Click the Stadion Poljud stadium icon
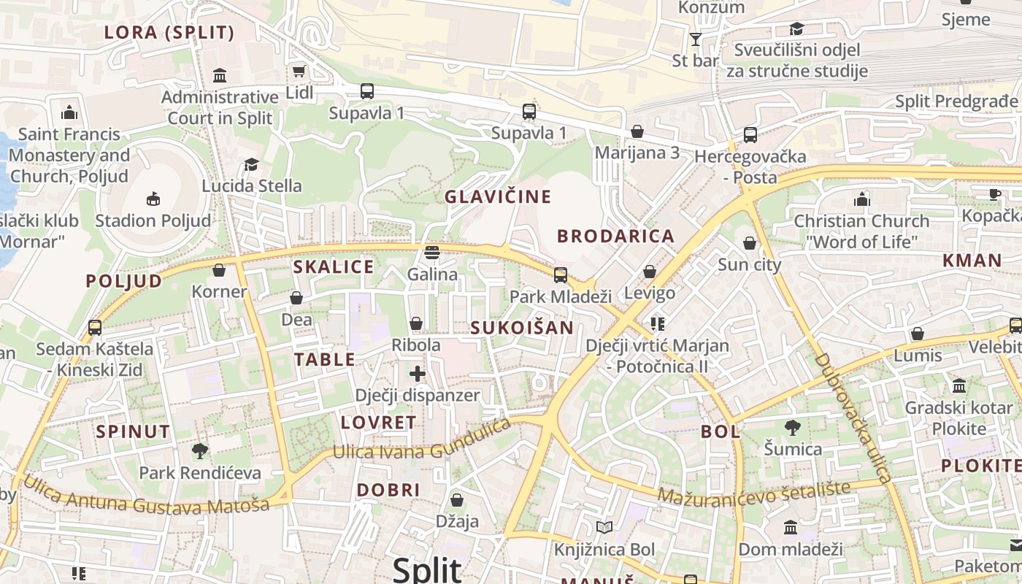coord(153,199)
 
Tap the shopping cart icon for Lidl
coord(299,71)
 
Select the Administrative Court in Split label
coord(220,107)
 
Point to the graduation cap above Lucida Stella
coord(251,164)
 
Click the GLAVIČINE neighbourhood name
coord(498,196)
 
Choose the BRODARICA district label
coord(615,236)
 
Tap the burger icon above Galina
coord(432,253)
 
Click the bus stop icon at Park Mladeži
coord(560,275)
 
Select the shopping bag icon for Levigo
coord(650,272)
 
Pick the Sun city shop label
coord(749,264)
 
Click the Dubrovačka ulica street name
coord(852,418)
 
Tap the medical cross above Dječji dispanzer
coord(418,374)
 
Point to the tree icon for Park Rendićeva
coord(199,450)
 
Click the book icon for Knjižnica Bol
coord(604,527)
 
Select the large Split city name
coord(427,569)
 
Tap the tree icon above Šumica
coord(793,427)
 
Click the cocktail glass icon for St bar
coord(695,39)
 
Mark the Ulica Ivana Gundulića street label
coord(422,442)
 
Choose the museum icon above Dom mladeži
coord(790,527)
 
